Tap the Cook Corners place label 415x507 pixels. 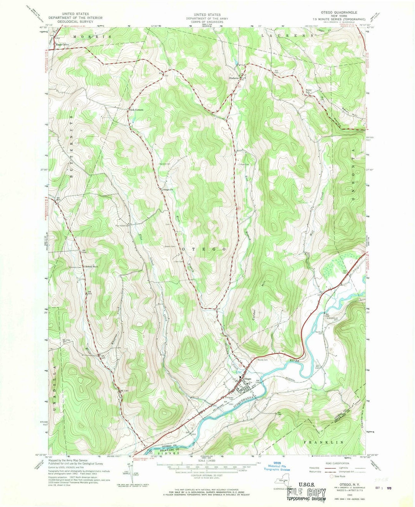point(135,110)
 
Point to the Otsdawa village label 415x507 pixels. point(234,78)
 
